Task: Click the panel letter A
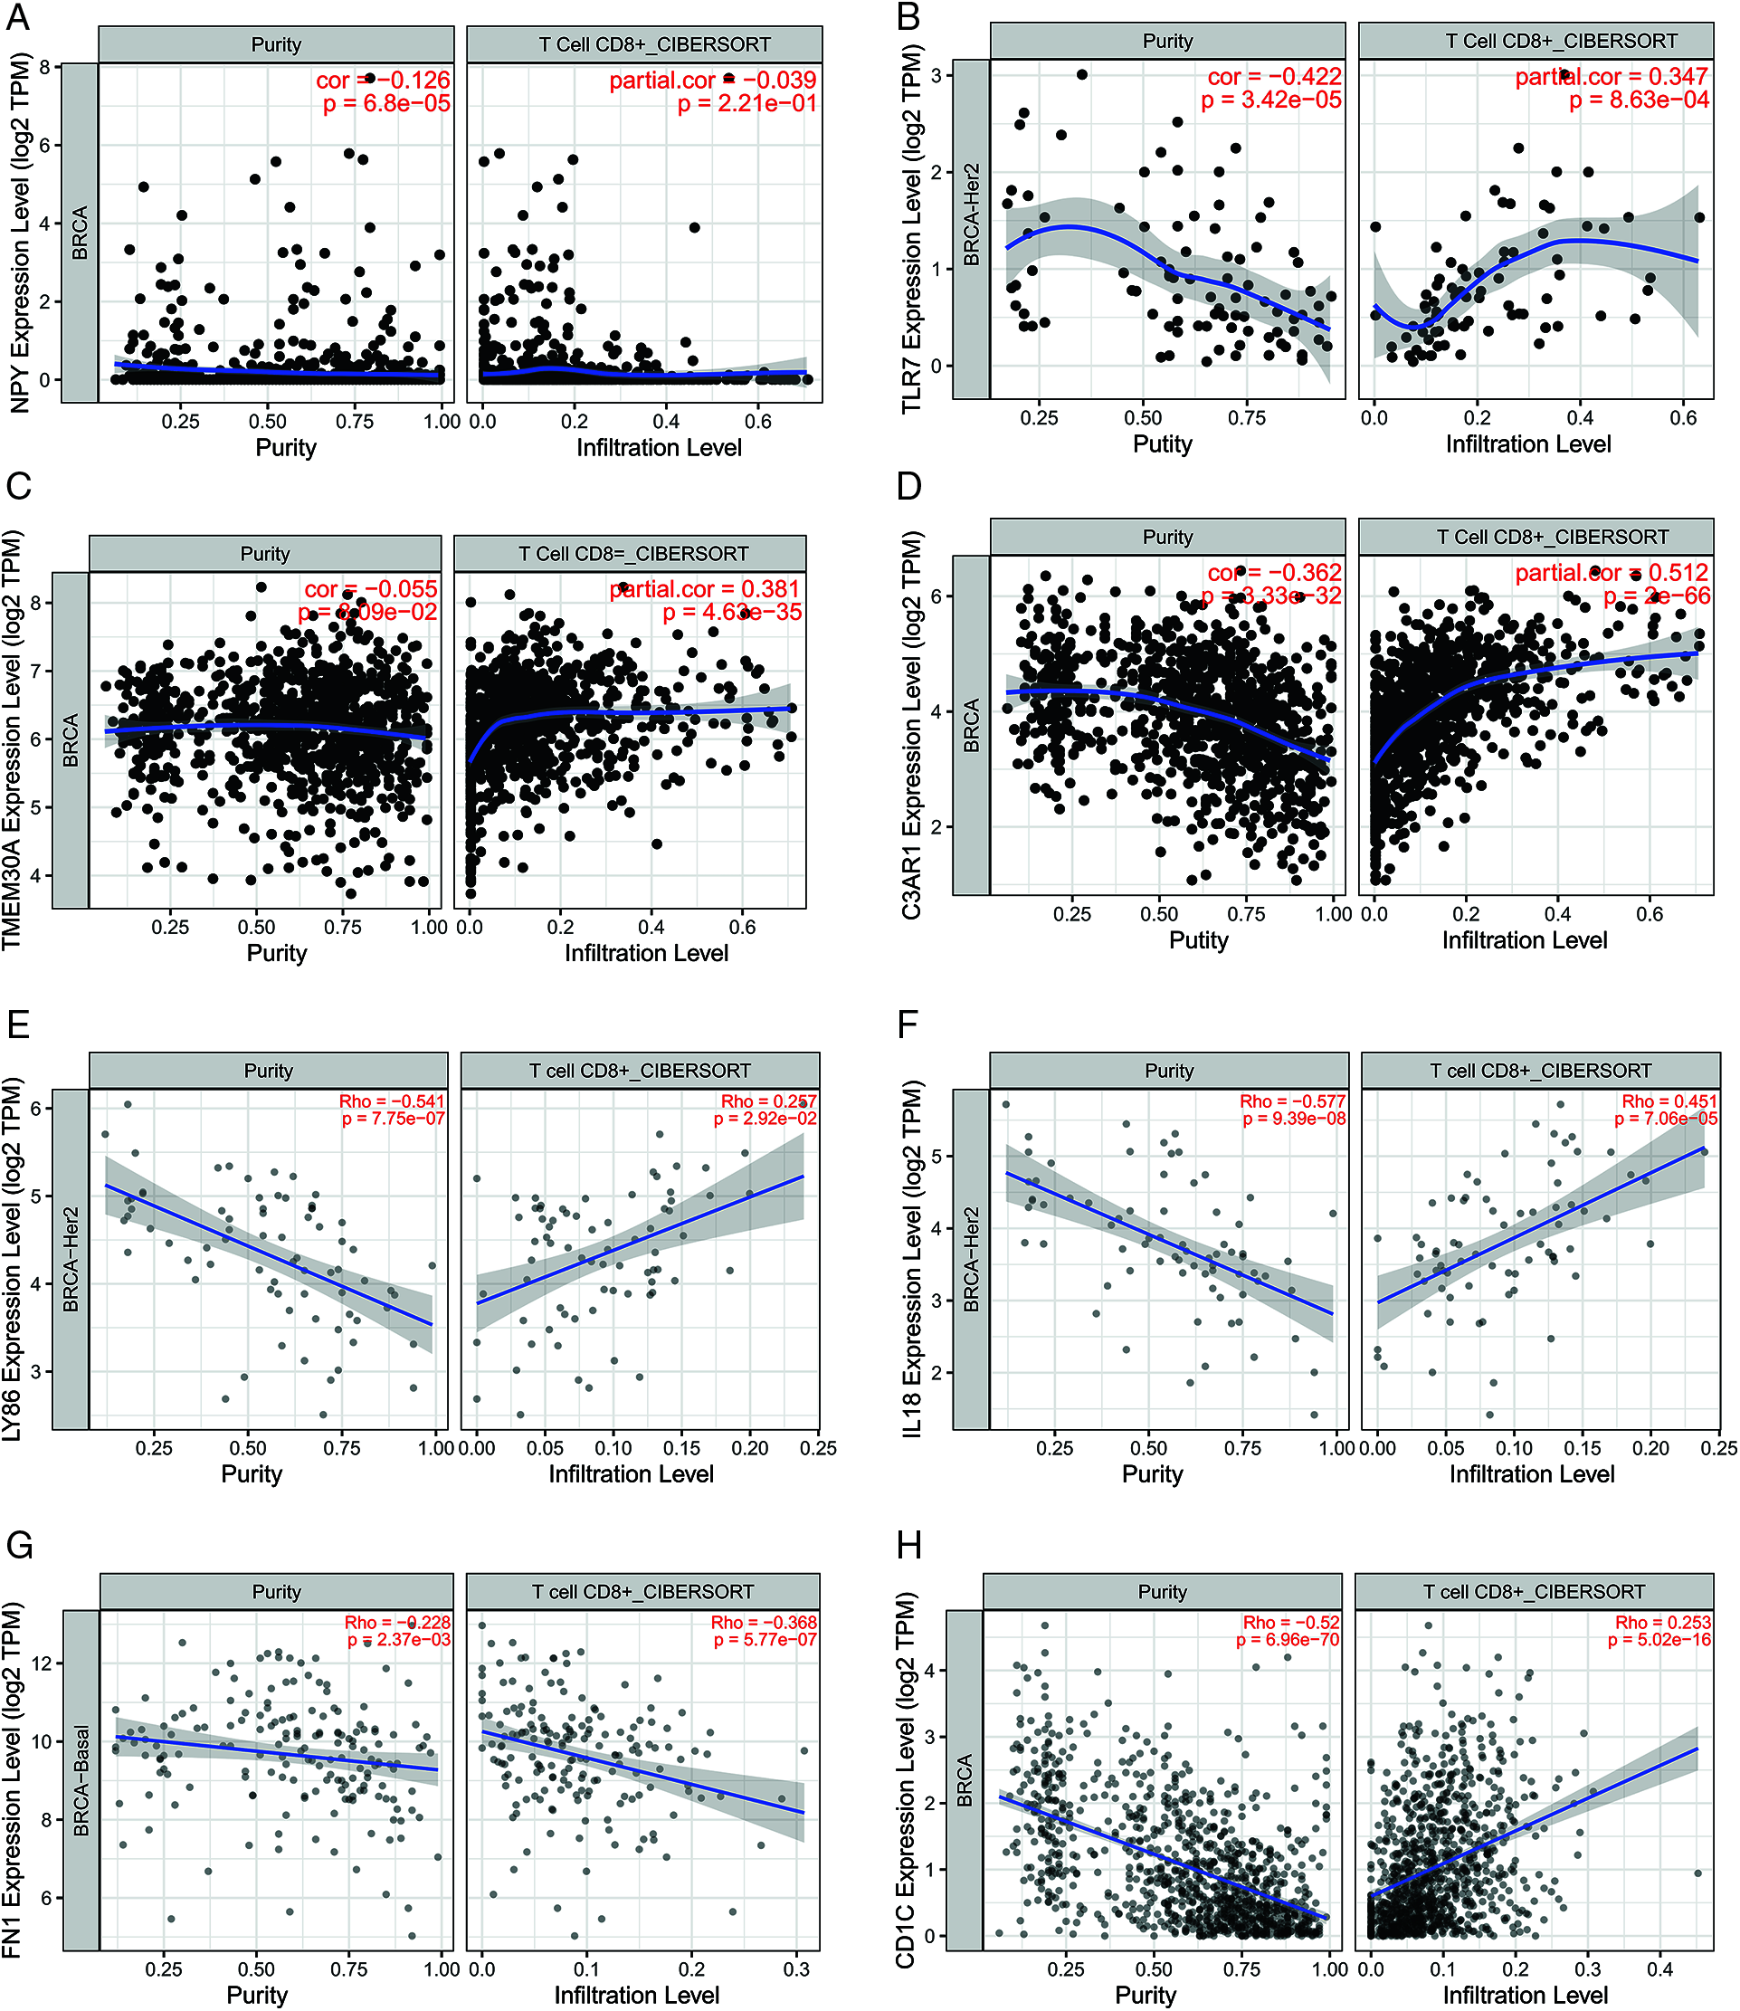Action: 18,17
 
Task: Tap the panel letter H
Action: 908,1545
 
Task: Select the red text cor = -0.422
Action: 1274,77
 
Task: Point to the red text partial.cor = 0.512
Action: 1611,573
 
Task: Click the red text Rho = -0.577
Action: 1291,1101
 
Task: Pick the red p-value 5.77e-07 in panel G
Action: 765,1640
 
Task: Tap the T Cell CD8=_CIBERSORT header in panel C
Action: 633,554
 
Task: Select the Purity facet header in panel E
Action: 268,1070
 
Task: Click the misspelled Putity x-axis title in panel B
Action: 1163,443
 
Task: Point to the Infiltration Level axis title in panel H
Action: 1525,1995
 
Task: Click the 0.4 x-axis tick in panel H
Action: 1659,1968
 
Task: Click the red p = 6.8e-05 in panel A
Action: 386,103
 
